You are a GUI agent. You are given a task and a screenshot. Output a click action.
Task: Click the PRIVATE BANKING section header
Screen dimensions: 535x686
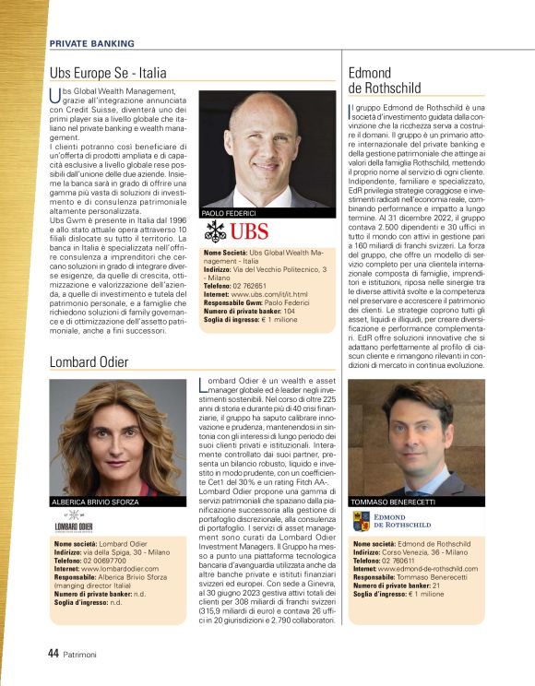coord(91,43)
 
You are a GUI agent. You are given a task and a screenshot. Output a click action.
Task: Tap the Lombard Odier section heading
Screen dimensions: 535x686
coord(89,361)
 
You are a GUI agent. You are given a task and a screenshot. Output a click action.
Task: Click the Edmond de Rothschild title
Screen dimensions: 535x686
coord(384,80)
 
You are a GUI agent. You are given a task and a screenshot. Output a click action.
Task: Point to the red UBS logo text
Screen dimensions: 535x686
coord(250,231)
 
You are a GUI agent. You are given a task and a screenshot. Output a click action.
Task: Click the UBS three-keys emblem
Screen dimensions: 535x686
coord(215,231)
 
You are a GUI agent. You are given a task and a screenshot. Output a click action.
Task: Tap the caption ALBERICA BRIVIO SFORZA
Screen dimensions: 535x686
coord(95,502)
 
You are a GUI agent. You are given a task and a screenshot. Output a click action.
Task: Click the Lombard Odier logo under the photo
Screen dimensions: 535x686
coord(73,526)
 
